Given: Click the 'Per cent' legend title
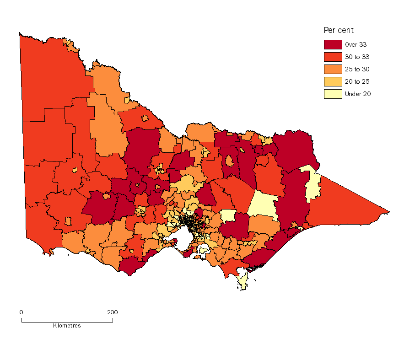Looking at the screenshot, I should (339, 31).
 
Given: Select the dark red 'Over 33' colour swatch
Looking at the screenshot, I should (333, 45).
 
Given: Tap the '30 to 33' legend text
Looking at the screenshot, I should (357, 57).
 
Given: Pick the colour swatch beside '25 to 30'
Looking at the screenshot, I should (333, 70).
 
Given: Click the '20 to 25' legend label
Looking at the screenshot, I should (357, 82).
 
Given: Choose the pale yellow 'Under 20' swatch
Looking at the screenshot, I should (333, 94).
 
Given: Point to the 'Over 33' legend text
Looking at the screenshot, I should (356, 45).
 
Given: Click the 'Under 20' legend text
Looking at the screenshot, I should (358, 94).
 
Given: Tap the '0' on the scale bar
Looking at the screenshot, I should (21, 312).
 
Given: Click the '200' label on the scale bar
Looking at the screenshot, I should (112, 312).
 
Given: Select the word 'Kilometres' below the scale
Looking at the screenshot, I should (67, 326).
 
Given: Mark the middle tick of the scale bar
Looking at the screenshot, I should (67, 320).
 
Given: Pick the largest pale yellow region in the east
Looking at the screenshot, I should (262, 204).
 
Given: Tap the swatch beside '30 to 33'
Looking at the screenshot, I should (333, 57).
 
